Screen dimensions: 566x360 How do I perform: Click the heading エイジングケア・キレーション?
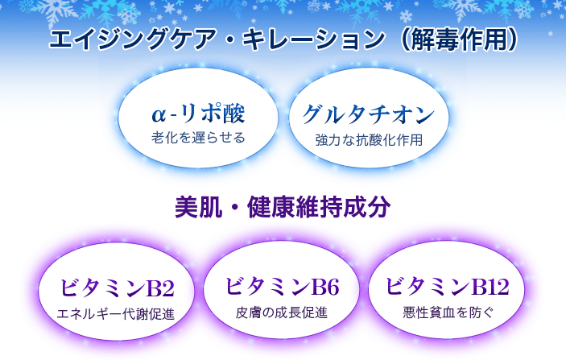point(217,39)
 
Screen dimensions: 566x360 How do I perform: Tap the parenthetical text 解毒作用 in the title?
point(459,39)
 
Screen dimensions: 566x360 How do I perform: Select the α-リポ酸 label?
point(198,114)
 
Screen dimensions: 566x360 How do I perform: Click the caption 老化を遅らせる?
point(198,138)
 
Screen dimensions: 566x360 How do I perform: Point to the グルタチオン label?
point(369,114)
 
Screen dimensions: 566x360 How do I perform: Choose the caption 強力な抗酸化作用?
point(369,140)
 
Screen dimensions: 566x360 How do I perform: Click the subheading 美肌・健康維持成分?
point(283,207)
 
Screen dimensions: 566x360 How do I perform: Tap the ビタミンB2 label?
point(117,288)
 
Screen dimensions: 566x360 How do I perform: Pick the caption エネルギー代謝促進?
point(116,314)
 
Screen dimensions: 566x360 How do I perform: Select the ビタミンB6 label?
point(282,287)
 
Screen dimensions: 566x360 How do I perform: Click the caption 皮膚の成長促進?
point(282,312)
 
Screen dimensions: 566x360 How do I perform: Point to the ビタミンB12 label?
point(448,287)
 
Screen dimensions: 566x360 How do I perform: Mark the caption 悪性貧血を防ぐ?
point(448,312)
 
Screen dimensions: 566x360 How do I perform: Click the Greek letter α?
point(159,115)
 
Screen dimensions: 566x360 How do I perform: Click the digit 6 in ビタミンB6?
point(332,288)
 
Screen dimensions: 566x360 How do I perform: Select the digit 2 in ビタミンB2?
point(167,288)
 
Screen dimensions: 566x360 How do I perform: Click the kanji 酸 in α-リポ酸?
point(234,114)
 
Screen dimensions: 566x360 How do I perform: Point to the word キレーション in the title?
point(314,39)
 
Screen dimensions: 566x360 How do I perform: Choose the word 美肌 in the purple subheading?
point(199,207)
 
